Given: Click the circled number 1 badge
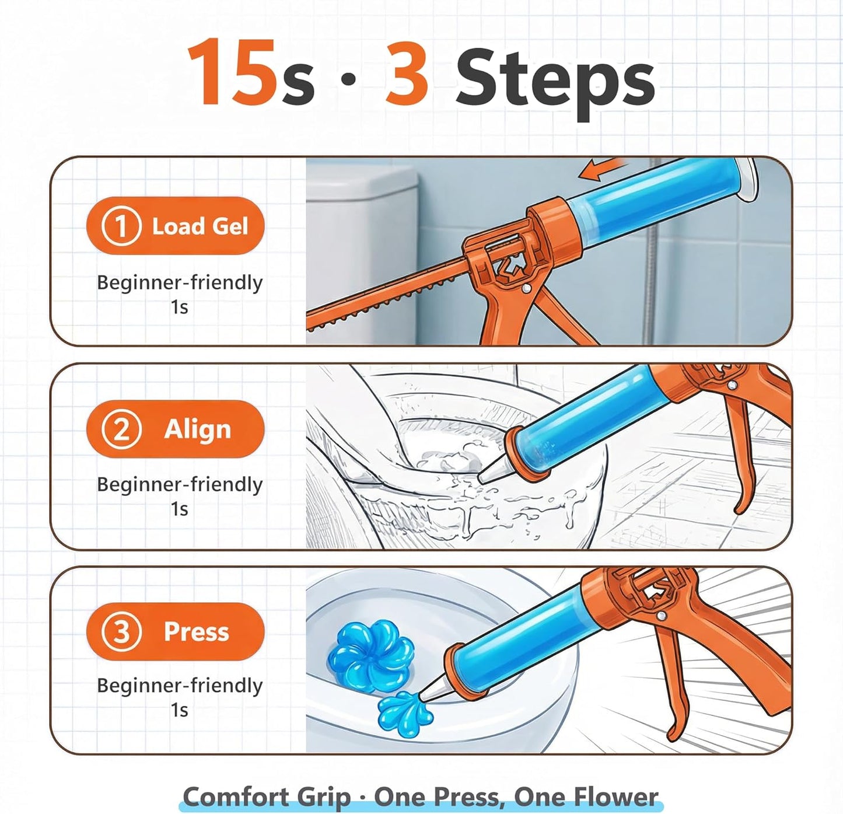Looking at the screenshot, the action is [121, 226].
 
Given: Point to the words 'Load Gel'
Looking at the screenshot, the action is [200, 226].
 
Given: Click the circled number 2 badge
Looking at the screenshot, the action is [121, 429].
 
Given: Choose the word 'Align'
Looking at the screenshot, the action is [198, 430].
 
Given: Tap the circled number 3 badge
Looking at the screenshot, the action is [121, 631].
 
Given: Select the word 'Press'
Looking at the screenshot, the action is [196, 632].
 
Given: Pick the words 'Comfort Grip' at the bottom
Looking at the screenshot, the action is [267, 796].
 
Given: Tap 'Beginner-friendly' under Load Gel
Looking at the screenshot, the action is [180, 284].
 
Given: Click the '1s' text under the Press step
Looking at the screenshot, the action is [179, 711].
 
